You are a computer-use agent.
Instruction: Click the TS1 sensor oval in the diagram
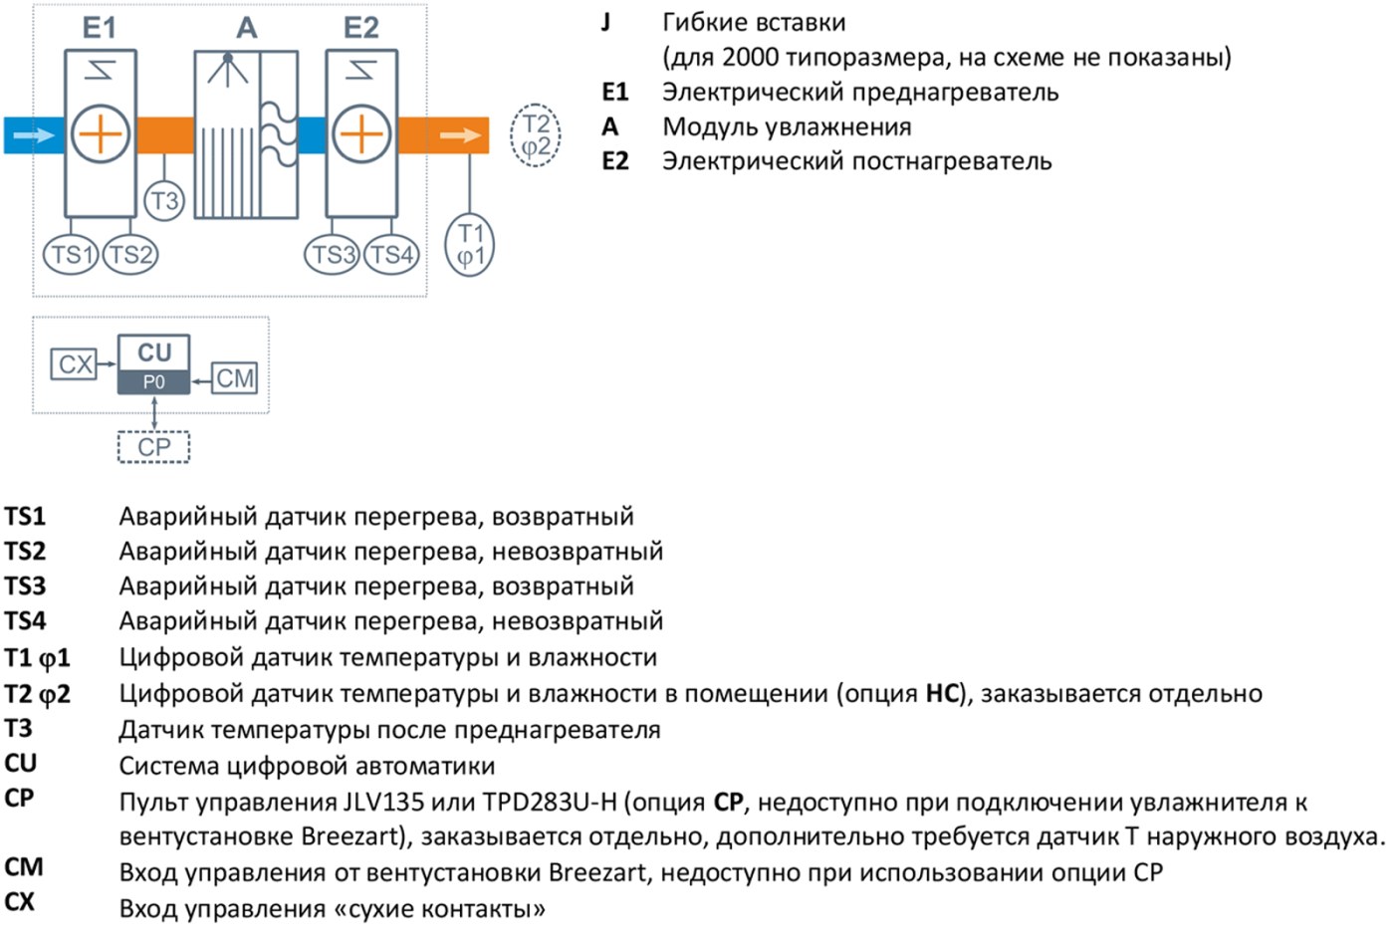point(71,255)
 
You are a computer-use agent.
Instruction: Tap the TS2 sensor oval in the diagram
point(130,255)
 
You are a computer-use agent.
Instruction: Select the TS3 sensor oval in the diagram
point(332,255)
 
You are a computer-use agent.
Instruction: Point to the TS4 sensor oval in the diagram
point(391,255)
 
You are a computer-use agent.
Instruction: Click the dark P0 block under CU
point(153,381)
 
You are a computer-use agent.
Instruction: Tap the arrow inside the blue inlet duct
point(34,134)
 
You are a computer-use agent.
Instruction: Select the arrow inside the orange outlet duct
point(460,135)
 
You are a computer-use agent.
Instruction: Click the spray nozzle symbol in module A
point(228,69)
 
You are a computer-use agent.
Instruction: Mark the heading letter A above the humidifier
point(247,28)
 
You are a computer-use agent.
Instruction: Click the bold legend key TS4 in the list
point(25,621)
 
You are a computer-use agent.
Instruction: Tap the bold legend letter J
point(605,23)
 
